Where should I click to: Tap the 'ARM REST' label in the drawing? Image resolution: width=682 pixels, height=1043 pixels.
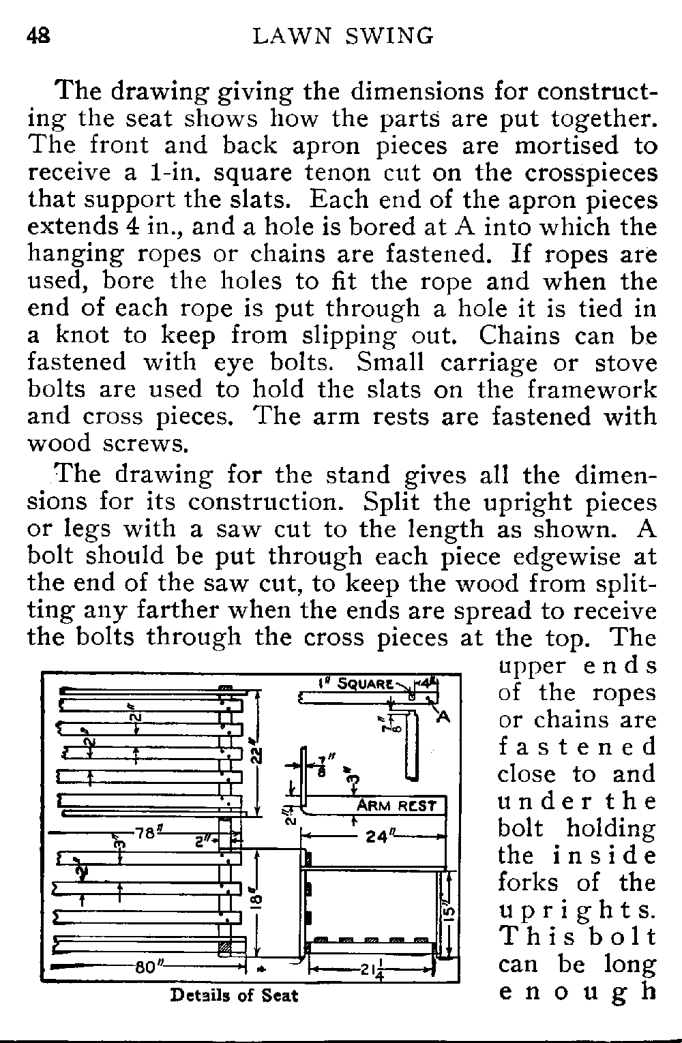[397, 806]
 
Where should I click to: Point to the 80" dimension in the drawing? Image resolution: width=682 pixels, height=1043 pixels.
[148, 967]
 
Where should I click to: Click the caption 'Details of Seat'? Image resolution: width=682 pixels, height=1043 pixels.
[234, 995]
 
